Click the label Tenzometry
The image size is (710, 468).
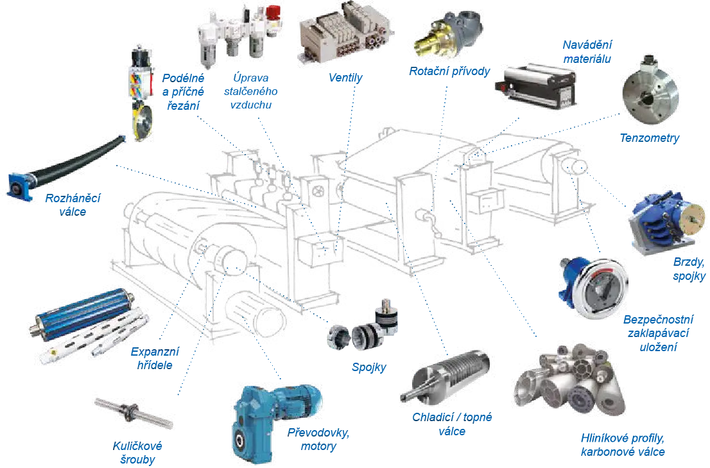[649, 138]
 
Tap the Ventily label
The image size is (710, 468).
[345, 78]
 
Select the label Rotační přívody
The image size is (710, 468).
[449, 71]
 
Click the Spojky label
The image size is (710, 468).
[369, 367]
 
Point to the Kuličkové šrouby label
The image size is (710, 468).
[137, 453]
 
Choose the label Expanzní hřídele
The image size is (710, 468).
[155, 358]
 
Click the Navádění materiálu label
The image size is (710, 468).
[587, 51]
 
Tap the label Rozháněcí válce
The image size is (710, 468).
[73, 205]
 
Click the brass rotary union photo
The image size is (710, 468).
[448, 33]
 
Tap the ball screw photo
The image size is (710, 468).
[134, 413]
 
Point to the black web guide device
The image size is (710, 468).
[536, 86]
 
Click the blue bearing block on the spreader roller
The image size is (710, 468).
[19, 186]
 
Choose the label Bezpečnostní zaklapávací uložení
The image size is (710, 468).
[659, 334]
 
